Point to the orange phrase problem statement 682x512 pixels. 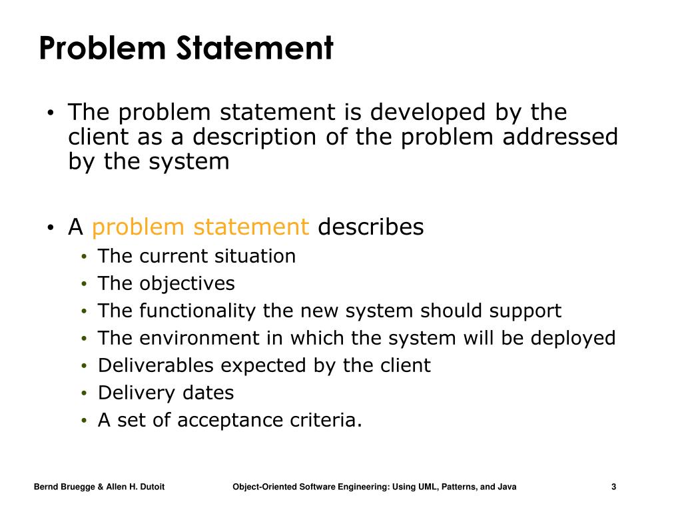(200, 227)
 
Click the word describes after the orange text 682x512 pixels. (371, 227)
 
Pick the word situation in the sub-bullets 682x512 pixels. (255, 256)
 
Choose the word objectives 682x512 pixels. (187, 283)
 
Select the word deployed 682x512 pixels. (573, 338)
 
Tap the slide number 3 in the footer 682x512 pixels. (613, 487)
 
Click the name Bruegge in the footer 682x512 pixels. (79, 487)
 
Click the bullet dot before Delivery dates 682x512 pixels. (84, 393)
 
